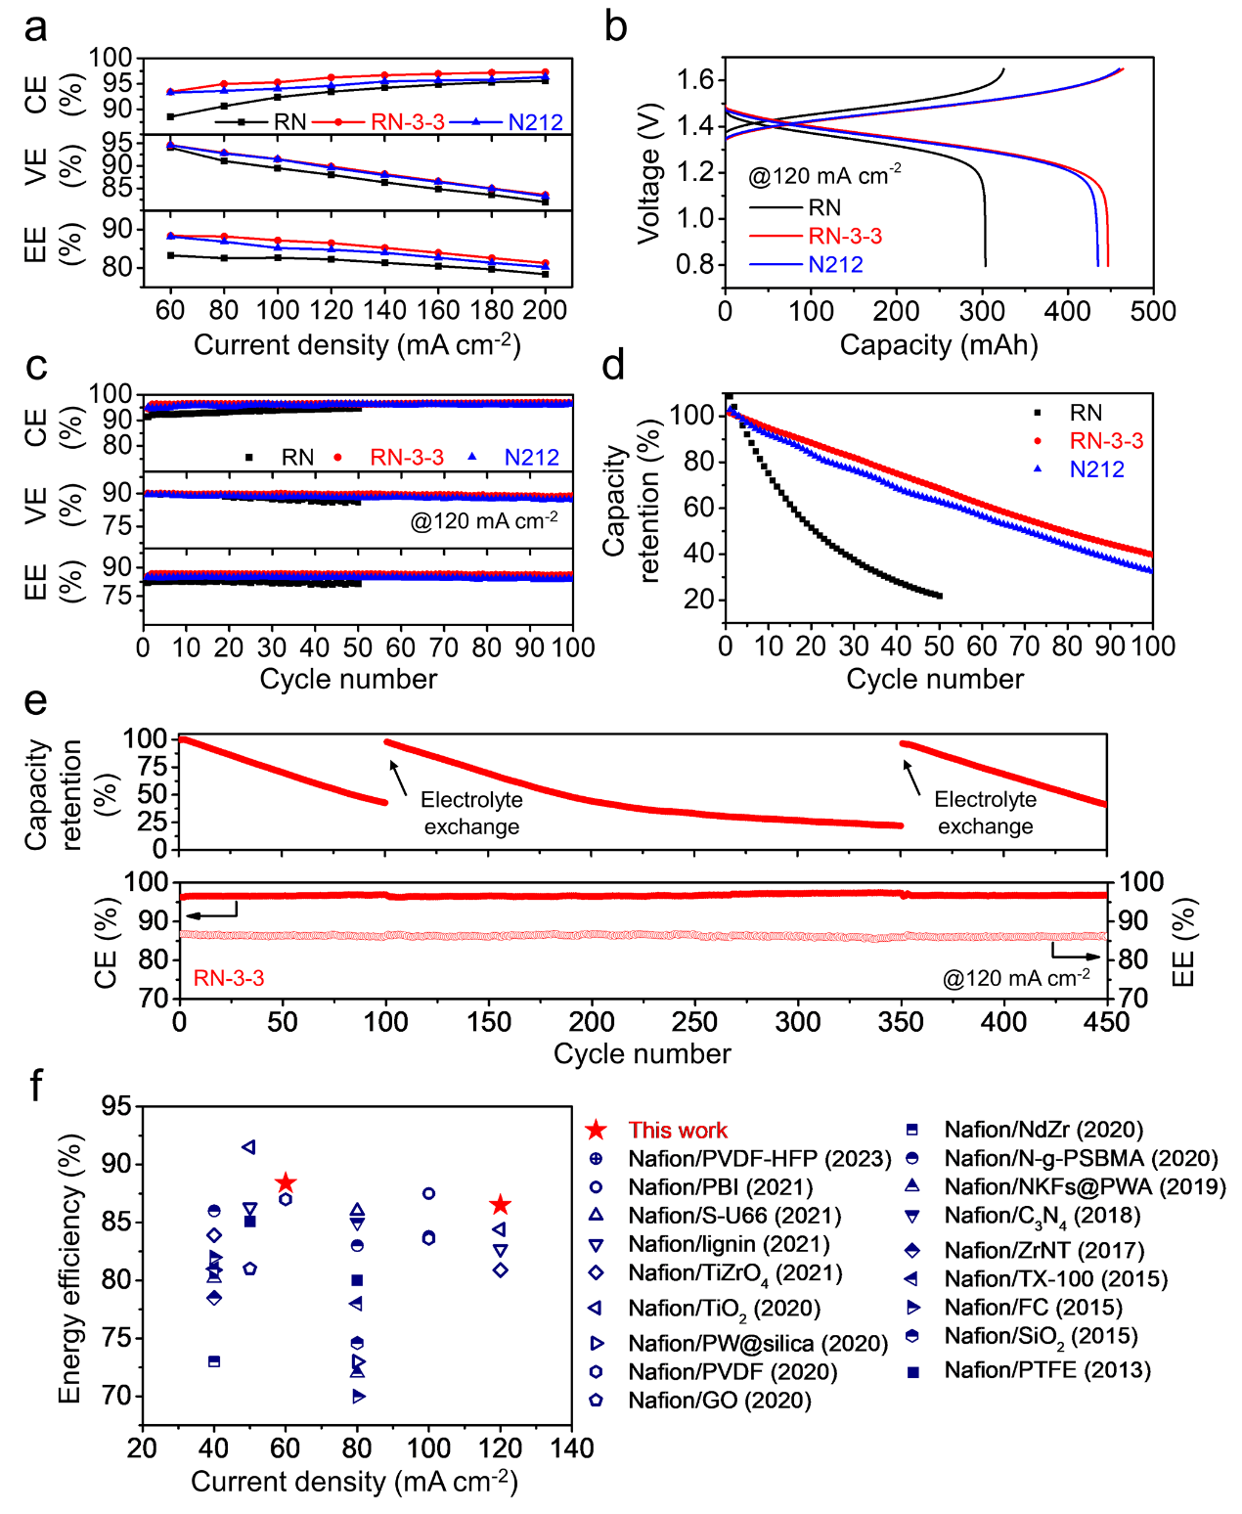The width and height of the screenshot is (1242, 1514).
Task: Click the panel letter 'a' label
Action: (35, 28)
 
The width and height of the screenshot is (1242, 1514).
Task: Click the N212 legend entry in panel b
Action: (835, 265)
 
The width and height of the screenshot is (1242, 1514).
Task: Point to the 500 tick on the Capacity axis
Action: (1153, 311)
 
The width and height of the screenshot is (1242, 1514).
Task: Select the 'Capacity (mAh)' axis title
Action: (939, 344)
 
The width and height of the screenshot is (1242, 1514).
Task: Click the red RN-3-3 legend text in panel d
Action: (1106, 441)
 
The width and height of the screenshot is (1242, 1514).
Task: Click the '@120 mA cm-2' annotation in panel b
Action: (824, 176)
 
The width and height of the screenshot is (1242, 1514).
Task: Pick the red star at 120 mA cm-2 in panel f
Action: (501, 1205)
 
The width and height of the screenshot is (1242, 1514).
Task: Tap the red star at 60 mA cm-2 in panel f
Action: (286, 1183)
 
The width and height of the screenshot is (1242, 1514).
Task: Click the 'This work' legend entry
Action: (678, 1131)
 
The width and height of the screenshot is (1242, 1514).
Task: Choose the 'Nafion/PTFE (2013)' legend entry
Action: (1047, 1370)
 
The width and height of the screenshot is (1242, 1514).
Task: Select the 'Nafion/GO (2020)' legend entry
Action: (720, 1401)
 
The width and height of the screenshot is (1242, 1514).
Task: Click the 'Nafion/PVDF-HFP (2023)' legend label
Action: (760, 1159)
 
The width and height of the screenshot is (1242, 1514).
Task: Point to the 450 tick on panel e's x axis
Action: (1107, 1022)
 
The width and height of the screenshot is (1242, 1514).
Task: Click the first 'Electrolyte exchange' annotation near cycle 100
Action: (471, 813)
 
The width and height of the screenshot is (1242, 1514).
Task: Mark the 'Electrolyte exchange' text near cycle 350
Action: (985, 813)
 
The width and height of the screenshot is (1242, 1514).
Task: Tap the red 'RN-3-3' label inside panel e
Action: (229, 978)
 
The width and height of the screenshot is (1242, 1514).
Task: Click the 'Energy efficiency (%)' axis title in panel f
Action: (69, 1269)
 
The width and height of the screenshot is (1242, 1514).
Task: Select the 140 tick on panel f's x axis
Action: (572, 1448)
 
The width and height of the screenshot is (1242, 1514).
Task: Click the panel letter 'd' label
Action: (613, 366)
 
